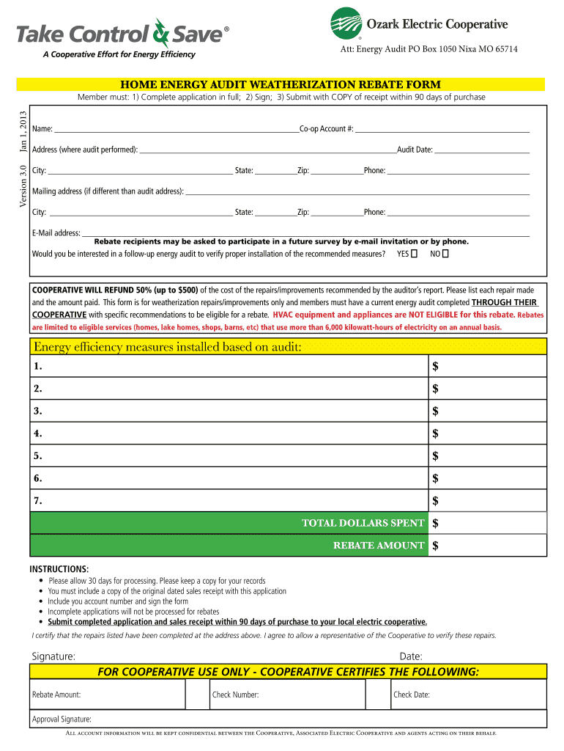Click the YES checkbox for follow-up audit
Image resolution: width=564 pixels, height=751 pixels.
[x=415, y=254]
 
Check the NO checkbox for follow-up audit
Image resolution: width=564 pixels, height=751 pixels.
[x=445, y=254]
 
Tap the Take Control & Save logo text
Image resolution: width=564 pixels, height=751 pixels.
[x=121, y=34]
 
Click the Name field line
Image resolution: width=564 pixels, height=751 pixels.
[x=176, y=128]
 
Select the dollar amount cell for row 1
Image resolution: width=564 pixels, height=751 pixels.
[x=488, y=365]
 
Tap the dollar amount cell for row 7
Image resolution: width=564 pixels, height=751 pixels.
[x=488, y=501]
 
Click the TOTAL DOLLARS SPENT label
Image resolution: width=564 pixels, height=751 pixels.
[x=363, y=523]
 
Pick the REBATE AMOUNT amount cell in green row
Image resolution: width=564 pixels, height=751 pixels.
[x=488, y=546]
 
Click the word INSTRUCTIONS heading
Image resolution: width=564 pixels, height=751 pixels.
[x=59, y=569]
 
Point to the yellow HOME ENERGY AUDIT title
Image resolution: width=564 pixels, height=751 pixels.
[x=287, y=84]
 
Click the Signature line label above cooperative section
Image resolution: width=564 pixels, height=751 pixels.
[x=53, y=656]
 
